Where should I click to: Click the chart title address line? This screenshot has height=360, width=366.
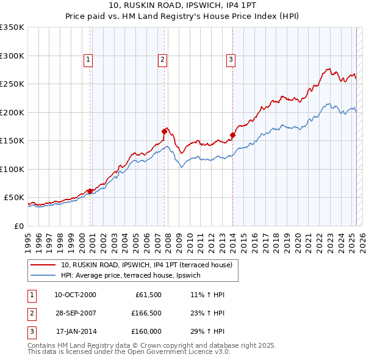click(182, 5)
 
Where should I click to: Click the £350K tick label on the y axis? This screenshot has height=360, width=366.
click(12, 27)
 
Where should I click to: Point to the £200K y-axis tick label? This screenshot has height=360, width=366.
click(12, 112)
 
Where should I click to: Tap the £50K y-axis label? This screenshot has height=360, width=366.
click(14, 198)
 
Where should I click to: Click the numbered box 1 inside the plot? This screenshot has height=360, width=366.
click(88, 59)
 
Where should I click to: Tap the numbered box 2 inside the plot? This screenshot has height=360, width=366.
click(163, 59)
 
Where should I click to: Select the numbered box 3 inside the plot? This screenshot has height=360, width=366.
click(231, 59)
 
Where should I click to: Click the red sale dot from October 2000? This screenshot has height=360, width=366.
click(90, 191)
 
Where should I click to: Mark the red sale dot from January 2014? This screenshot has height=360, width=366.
click(232, 135)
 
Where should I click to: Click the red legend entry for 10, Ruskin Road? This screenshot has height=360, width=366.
click(146, 265)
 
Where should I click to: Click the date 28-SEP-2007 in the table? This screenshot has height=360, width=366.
click(76, 314)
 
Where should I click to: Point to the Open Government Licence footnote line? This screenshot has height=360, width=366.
click(129, 352)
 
